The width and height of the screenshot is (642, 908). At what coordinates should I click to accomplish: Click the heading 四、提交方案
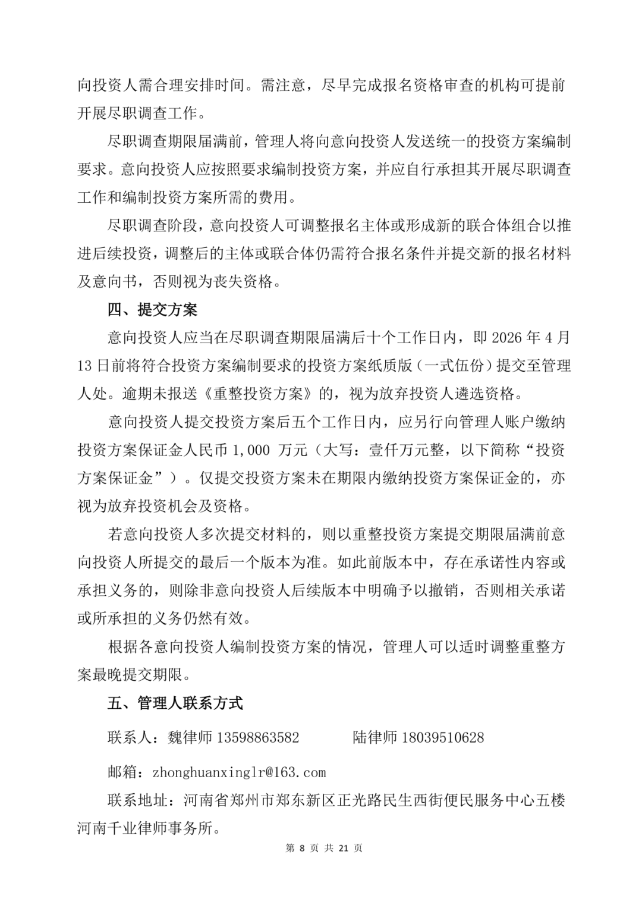coord(152,310)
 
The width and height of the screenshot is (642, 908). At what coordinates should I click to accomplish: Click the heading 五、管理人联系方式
coord(175,703)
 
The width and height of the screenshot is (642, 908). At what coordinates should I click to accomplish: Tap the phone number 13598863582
coord(257,737)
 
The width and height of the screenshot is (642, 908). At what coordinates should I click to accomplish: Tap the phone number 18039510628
coord(442,737)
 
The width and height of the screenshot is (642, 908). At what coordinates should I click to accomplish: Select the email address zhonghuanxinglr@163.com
coord(239,772)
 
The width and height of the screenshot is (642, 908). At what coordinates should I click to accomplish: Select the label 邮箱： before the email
coord(126,772)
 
